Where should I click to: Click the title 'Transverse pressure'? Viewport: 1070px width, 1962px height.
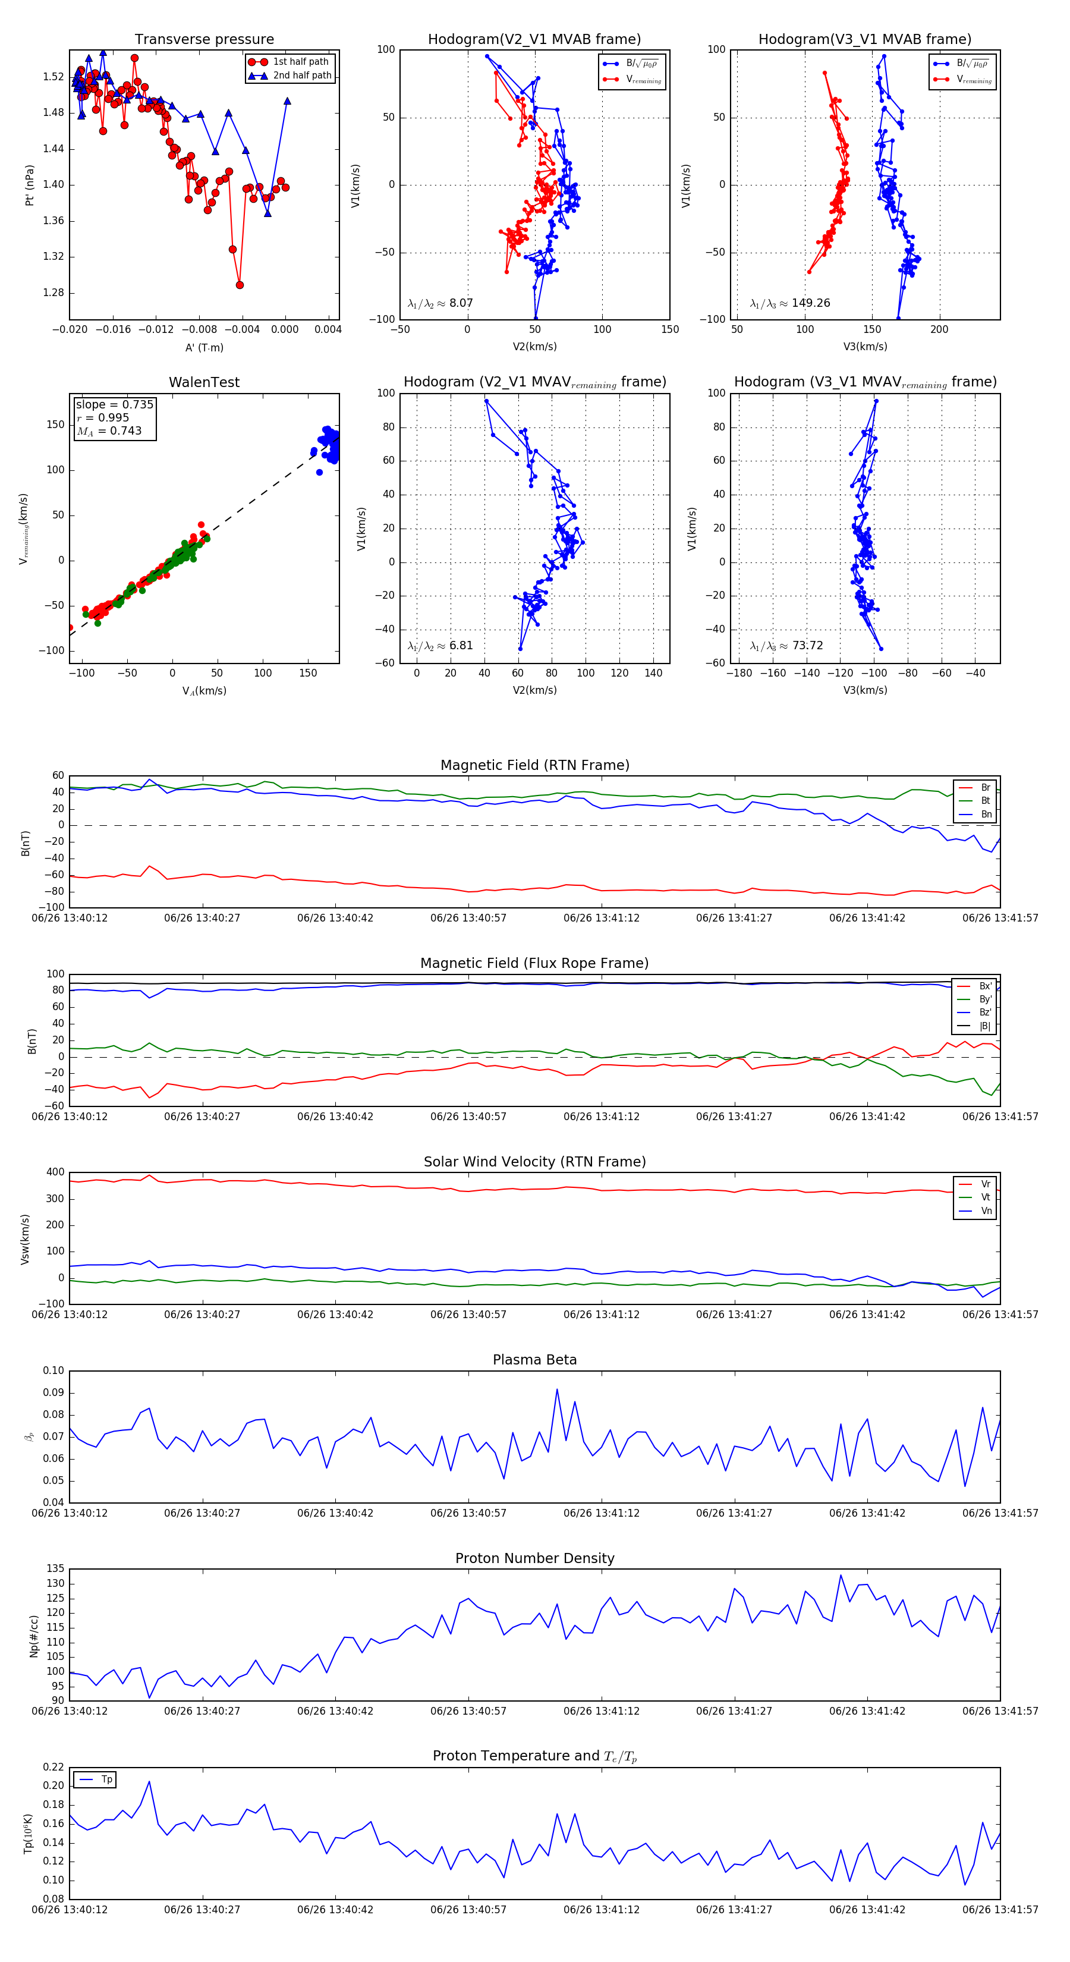[204, 40]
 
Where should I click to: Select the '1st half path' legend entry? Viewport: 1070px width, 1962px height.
[300, 62]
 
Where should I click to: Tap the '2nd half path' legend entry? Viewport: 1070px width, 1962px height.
[301, 76]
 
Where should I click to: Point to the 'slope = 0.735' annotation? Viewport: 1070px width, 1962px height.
[114, 404]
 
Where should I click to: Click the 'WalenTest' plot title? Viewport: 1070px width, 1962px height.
[204, 382]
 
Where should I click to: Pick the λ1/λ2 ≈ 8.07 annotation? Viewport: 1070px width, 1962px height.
[440, 303]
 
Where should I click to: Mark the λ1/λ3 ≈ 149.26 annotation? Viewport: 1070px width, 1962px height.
[790, 303]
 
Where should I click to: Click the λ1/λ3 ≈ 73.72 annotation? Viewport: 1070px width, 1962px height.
[786, 646]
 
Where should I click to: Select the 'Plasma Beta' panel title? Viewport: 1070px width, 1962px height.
[534, 1360]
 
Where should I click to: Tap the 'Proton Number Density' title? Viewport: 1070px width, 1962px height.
[534, 1558]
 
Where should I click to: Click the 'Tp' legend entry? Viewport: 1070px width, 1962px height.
[106, 1779]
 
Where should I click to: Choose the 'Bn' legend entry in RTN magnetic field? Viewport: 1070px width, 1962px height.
[986, 814]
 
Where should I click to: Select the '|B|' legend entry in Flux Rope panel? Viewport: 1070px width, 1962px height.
[985, 1026]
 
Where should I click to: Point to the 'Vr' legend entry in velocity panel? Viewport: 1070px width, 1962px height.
[986, 1184]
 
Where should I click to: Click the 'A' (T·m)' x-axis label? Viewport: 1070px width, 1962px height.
[204, 347]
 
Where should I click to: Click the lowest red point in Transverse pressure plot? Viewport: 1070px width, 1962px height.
[240, 285]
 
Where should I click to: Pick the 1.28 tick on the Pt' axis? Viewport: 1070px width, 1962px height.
[53, 293]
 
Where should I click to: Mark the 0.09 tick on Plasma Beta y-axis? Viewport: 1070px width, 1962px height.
[53, 1393]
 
